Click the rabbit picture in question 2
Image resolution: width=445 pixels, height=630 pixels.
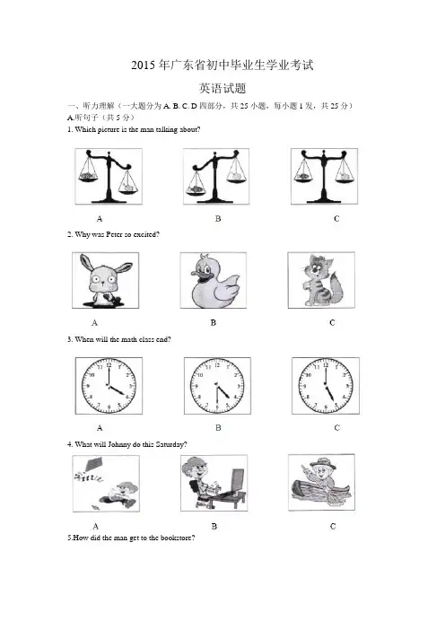pyautogui.click(x=105, y=280)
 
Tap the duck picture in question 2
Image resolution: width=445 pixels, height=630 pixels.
pyautogui.click(x=214, y=280)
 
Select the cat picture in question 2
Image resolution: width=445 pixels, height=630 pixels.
pyautogui.click(x=321, y=280)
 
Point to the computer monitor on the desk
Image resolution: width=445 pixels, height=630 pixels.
pyautogui.click(x=238, y=479)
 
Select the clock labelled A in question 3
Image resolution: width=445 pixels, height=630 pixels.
pyautogui.click(x=109, y=386)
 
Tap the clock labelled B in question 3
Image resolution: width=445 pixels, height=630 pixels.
pyautogui.click(x=217, y=386)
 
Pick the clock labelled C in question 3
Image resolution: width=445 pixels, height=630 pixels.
pyautogui.click(x=326, y=386)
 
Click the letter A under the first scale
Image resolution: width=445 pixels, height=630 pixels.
pyautogui.click(x=100, y=219)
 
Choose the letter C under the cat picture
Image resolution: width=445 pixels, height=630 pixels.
pyautogui.click(x=332, y=323)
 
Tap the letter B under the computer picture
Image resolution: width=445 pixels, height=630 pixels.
pyautogui.click(x=214, y=526)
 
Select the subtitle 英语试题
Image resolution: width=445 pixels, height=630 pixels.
pyautogui.click(x=222, y=88)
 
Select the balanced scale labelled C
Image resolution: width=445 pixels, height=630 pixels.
pyautogui.click(x=324, y=176)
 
